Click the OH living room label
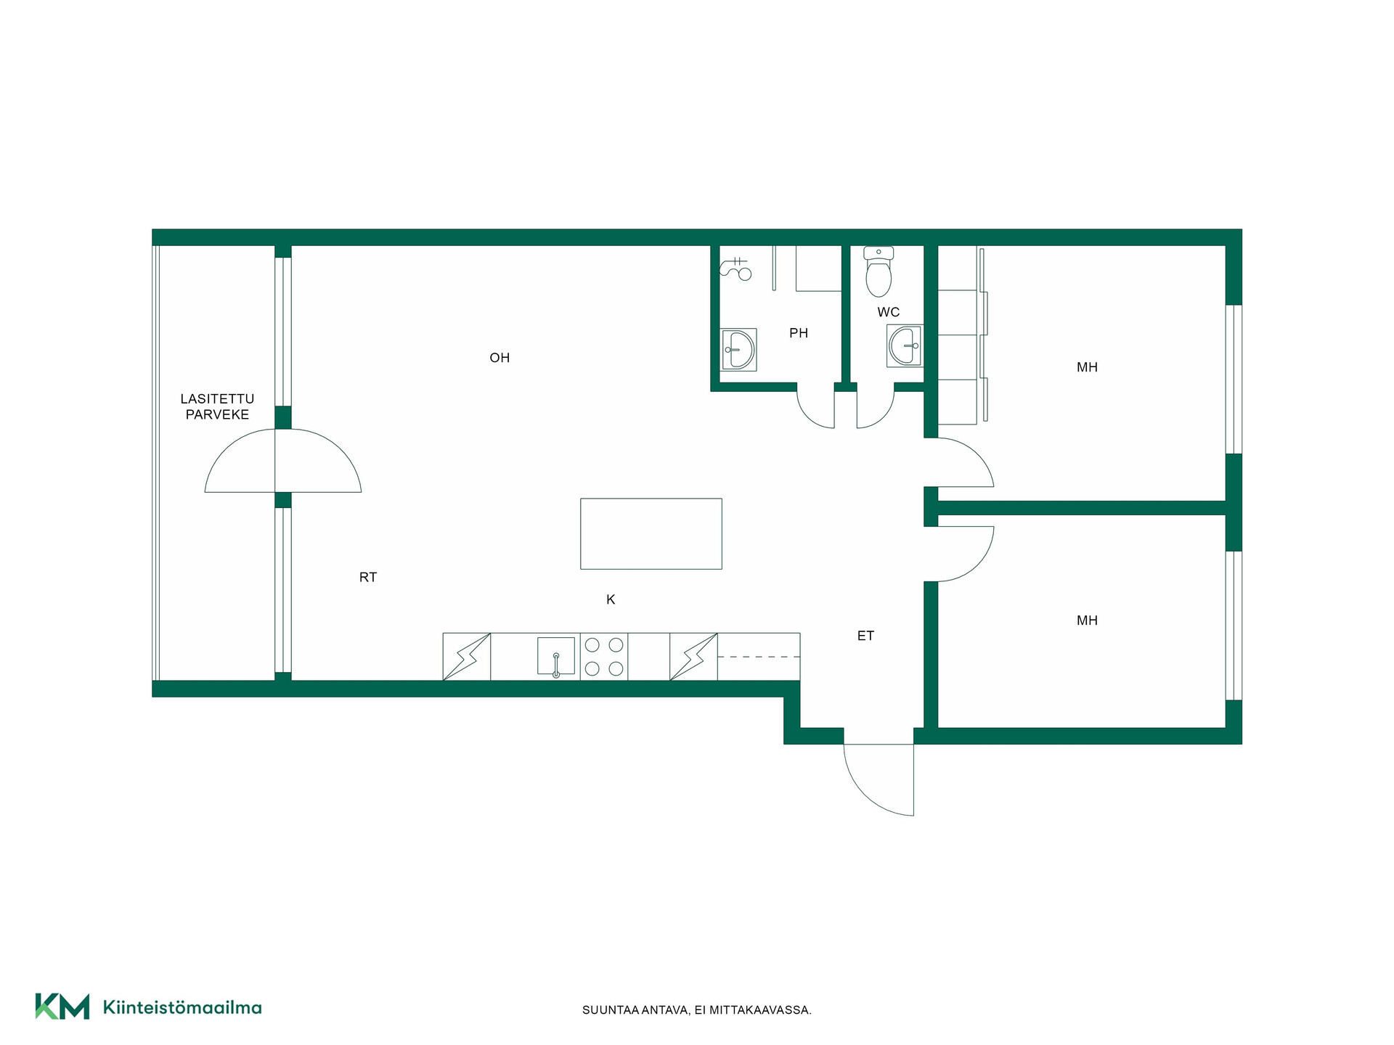[500, 358]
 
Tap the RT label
[368, 578]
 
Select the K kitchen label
[611, 599]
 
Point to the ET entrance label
[865, 636]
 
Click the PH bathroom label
[799, 333]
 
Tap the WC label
[889, 312]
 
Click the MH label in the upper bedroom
[1087, 367]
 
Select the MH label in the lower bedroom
[1087, 620]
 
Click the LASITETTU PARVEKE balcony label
[217, 406]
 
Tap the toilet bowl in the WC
[879, 272]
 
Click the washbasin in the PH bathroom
[738, 349]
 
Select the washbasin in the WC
[905, 345]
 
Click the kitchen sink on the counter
[556, 657]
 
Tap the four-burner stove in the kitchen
[604, 657]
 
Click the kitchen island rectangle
[651, 533]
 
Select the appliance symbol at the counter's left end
[467, 657]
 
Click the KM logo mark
[62, 1007]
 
